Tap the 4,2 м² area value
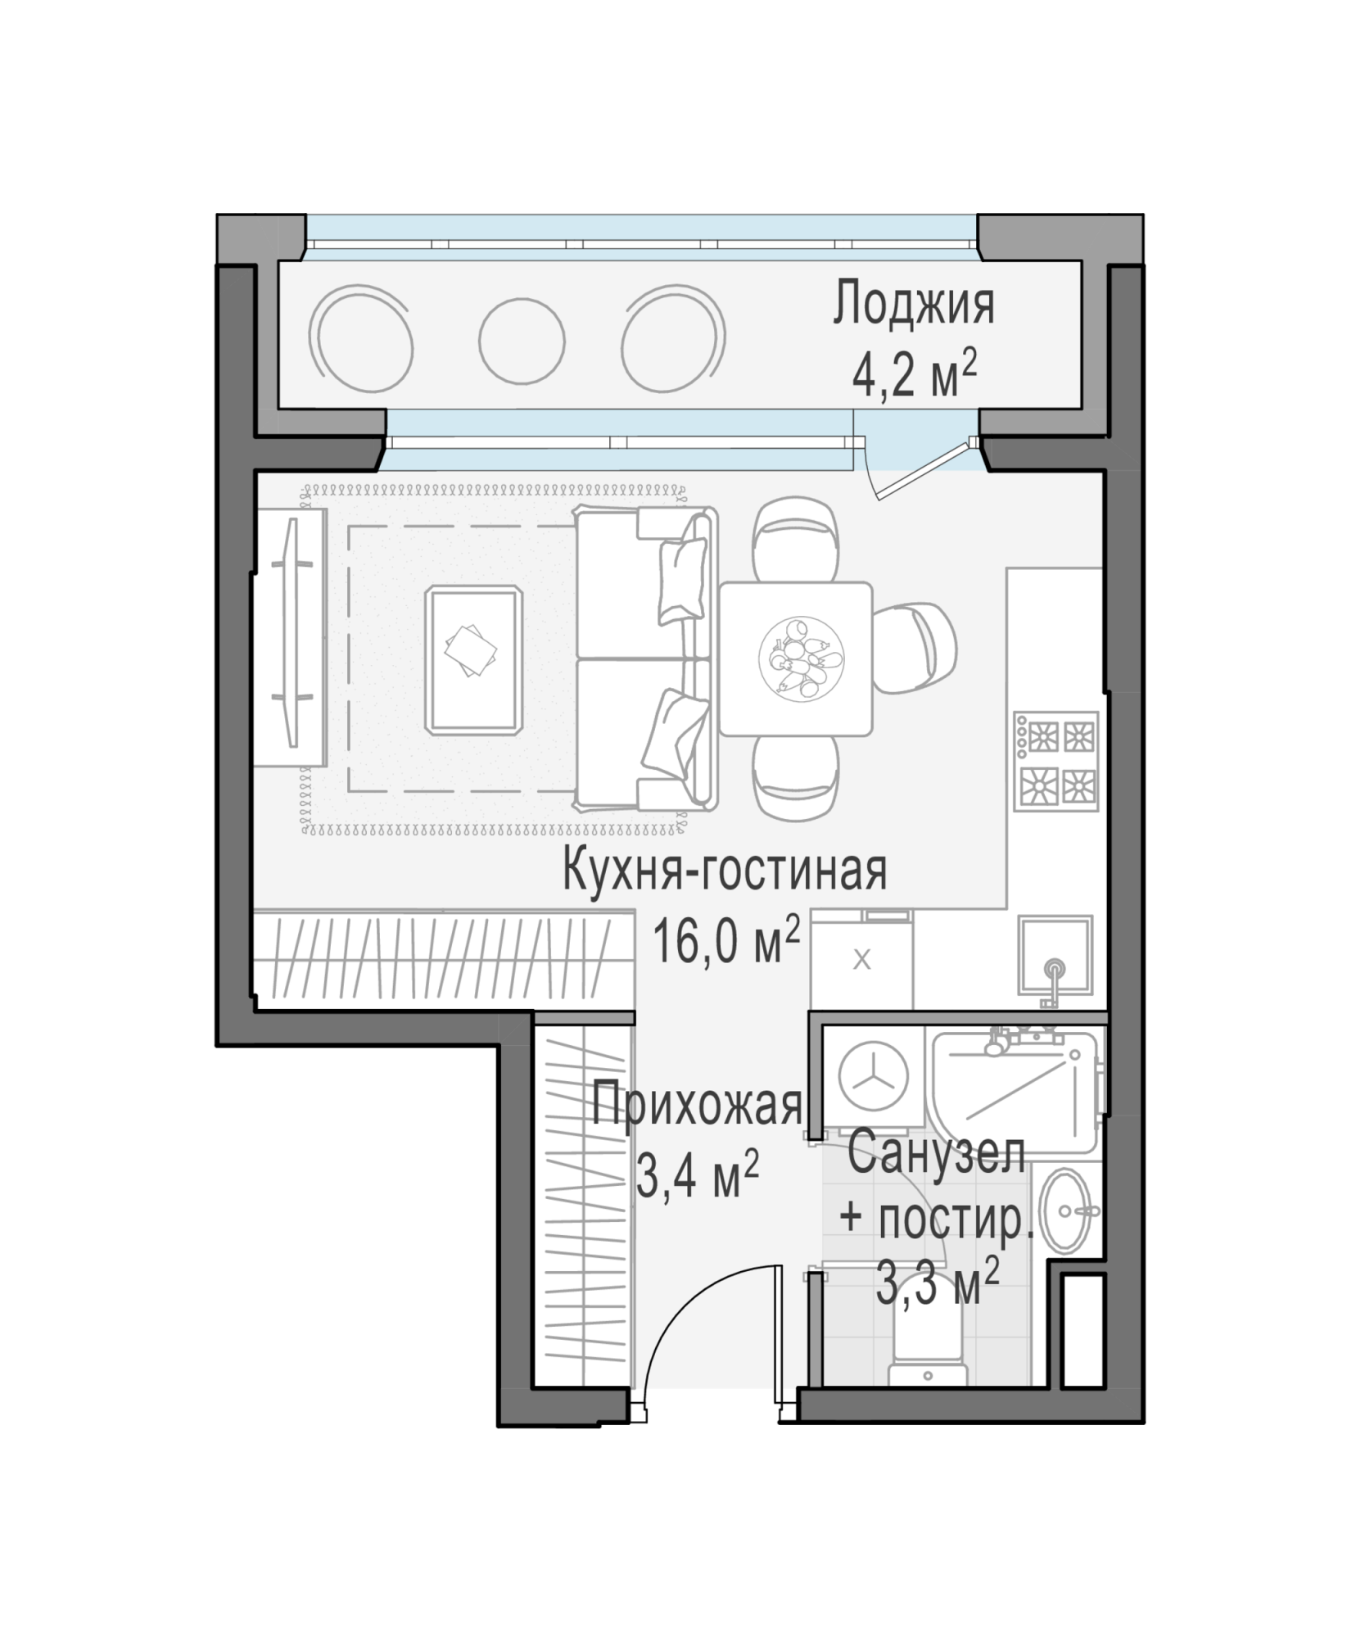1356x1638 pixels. point(915,376)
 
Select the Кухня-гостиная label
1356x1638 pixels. point(725,871)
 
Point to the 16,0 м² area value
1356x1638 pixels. point(725,941)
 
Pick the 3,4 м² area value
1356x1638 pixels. point(697,1174)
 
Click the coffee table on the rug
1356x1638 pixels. point(474,658)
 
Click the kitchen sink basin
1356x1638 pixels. point(1055,955)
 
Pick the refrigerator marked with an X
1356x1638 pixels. point(861,959)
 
